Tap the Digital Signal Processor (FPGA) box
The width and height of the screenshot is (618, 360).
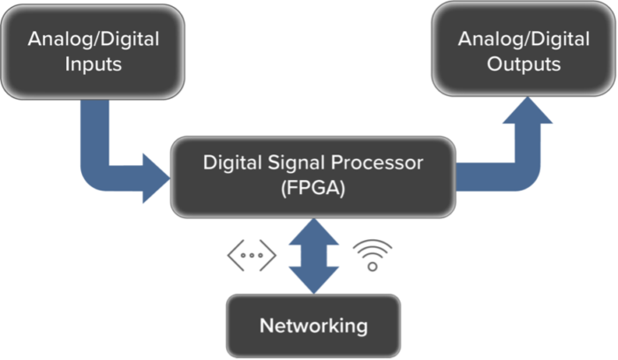pos(314,176)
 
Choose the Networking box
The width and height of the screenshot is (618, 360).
pos(313,325)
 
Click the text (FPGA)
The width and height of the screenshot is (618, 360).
pos(314,190)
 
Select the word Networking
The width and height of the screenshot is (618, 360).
pos(313,325)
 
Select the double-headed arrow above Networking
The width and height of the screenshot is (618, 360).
pos(313,255)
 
